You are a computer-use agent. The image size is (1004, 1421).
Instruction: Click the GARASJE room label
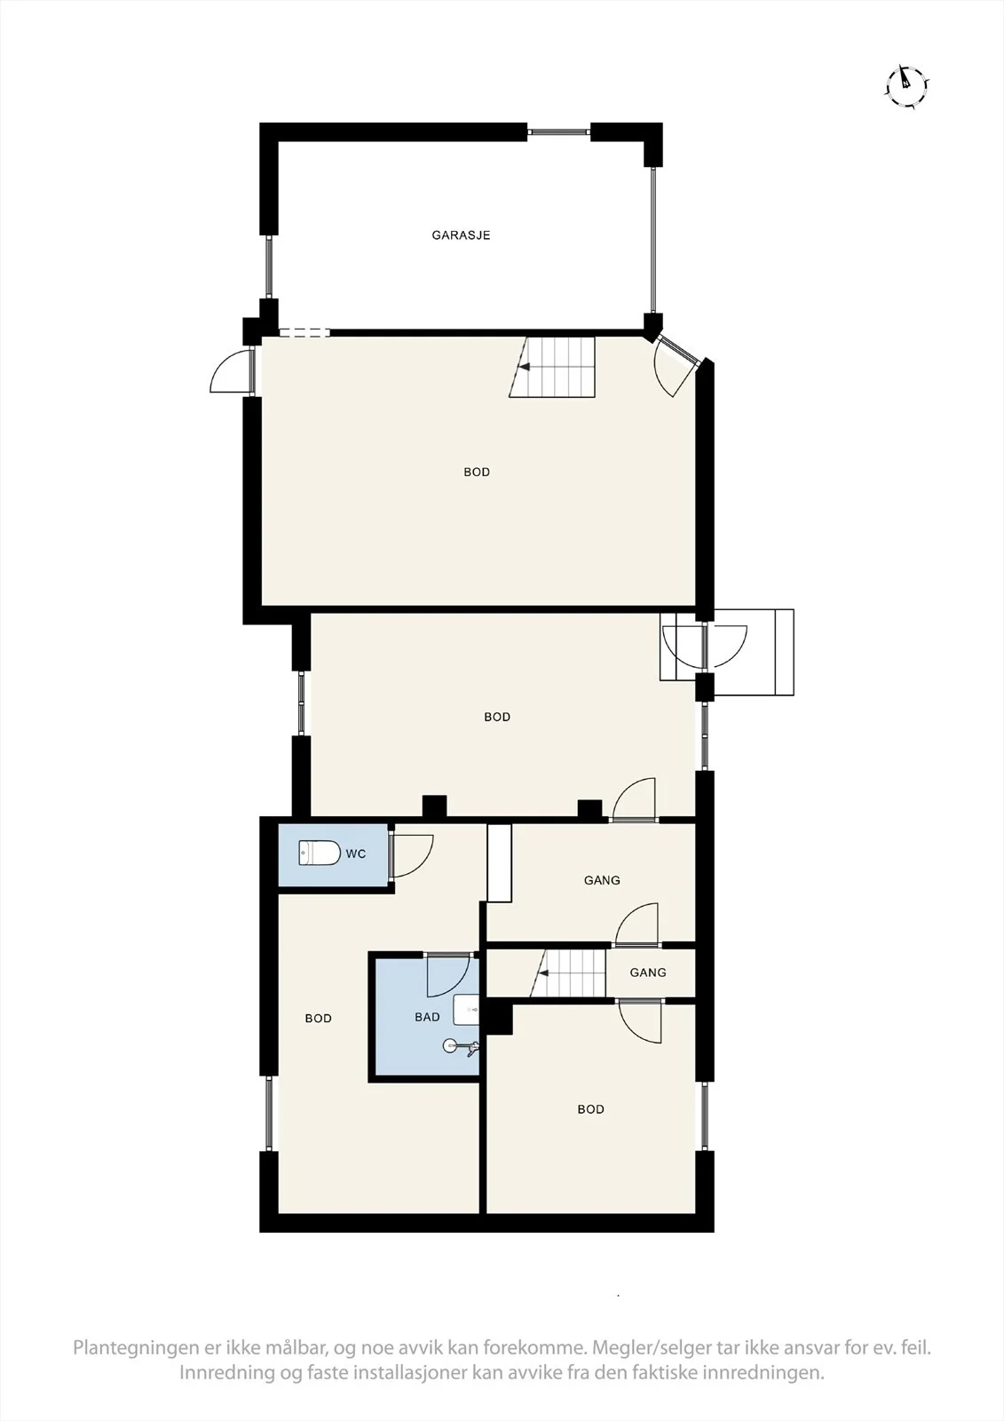pyautogui.click(x=461, y=235)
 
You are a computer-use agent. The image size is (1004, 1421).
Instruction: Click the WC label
pyautogui.click(x=356, y=853)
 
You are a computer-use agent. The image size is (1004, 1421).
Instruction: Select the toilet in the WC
pyautogui.click(x=320, y=853)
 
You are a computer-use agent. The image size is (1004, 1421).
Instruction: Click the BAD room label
pyautogui.click(x=427, y=1017)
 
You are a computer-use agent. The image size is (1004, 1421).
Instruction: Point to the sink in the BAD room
pyautogui.click(x=466, y=1009)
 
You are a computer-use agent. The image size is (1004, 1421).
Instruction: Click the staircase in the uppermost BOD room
pyautogui.click(x=552, y=367)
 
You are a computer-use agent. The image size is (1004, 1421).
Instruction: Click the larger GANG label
pyautogui.click(x=602, y=880)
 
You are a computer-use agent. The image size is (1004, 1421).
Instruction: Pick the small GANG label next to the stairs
pyautogui.click(x=647, y=972)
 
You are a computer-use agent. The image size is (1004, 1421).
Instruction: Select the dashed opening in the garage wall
pyautogui.click(x=304, y=332)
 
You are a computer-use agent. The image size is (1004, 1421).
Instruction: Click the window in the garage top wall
pyautogui.click(x=558, y=131)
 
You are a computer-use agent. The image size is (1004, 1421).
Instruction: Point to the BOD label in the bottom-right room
pyautogui.click(x=590, y=1109)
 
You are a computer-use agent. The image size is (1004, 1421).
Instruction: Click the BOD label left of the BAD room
pyautogui.click(x=318, y=1018)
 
